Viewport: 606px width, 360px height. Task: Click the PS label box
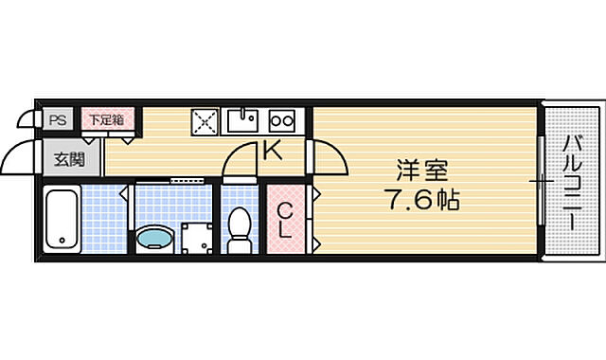pos(58,120)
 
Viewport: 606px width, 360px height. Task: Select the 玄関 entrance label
pos(65,158)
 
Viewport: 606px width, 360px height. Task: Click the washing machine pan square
pos(197,238)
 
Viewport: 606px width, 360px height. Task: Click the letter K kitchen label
pos(272,149)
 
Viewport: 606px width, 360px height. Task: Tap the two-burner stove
pos(282,120)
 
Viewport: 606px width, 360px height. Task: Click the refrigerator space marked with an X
pos(205,121)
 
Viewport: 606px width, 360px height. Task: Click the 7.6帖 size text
pos(421,202)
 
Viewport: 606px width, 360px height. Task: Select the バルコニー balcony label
pos(573,181)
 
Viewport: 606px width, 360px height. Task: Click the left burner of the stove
pos(276,120)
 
